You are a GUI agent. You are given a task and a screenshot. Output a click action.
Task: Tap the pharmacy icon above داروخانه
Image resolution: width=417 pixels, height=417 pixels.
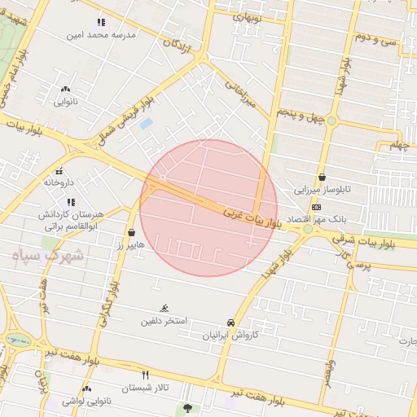click(59, 171)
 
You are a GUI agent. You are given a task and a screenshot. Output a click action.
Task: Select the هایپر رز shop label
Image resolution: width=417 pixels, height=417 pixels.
click(129, 244)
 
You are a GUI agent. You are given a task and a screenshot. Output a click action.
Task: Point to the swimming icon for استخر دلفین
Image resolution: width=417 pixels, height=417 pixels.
click(165, 308)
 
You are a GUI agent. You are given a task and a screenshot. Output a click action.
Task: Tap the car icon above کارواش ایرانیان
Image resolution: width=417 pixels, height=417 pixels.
click(231, 323)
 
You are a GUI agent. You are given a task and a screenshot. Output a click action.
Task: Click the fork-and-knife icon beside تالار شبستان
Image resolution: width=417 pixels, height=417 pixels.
click(146, 375)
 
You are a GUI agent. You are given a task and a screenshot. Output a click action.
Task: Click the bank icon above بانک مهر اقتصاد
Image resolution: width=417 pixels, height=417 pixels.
click(316, 207)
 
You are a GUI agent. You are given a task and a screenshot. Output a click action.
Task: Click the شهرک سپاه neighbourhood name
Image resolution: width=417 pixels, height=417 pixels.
click(48, 254)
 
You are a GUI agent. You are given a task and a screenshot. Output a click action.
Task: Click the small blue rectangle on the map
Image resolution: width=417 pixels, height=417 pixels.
click(146, 124)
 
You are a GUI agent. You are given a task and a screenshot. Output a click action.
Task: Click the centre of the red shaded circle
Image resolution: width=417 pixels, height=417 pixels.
click(208, 208)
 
